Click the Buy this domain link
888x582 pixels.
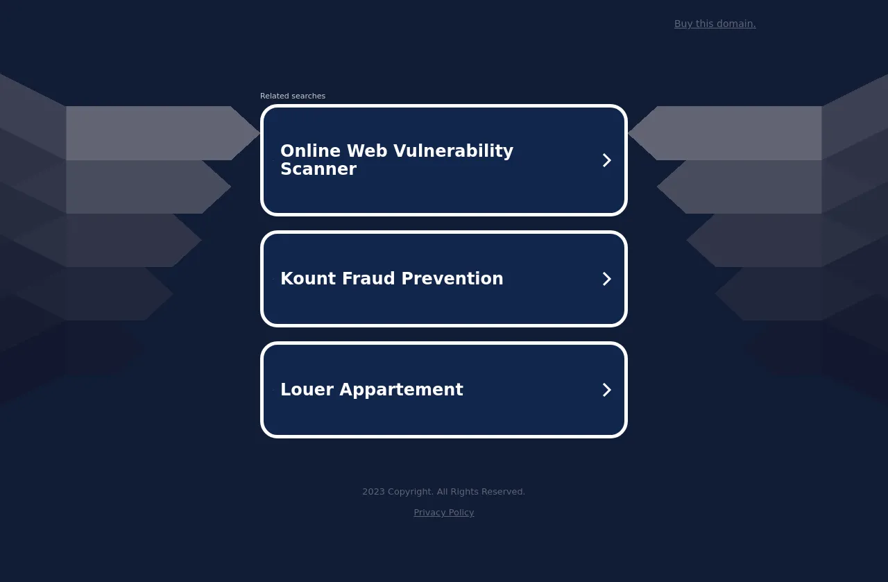[715, 24]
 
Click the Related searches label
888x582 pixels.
[293, 96]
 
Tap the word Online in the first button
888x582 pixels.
[310, 151]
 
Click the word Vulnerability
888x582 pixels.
[453, 151]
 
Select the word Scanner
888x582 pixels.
[318, 169]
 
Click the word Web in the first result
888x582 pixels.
[367, 151]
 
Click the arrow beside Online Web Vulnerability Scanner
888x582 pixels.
[606, 160]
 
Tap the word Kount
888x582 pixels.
[308, 278]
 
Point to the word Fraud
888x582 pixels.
[368, 278]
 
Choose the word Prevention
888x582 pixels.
[452, 278]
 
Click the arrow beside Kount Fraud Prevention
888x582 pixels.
[606, 279]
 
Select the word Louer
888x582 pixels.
[307, 389]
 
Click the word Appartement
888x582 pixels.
[401, 390]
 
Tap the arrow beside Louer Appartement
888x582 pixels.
[606, 390]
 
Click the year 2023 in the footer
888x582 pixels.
[373, 492]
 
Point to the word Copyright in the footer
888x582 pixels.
[410, 492]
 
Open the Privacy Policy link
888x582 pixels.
[443, 513]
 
